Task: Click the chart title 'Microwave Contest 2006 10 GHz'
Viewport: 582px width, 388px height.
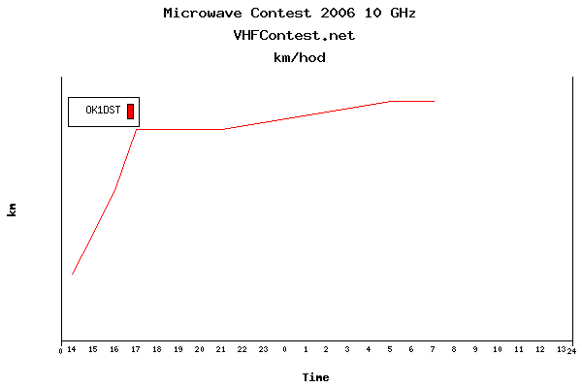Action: click(x=291, y=14)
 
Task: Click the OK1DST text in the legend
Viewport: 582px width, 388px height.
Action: click(x=103, y=112)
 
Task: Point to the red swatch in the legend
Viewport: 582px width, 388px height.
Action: click(x=130, y=111)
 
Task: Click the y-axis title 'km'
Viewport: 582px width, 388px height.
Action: click(x=13, y=210)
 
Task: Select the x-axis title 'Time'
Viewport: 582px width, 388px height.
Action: click(x=315, y=377)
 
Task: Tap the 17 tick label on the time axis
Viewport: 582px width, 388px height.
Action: click(x=136, y=350)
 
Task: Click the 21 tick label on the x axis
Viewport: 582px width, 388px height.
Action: click(x=220, y=350)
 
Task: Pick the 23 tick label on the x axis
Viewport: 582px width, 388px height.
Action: click(x=263, y=350)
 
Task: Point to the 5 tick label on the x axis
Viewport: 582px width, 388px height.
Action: click(x=390, y=350)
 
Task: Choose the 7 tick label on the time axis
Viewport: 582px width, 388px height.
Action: click(x=433, y=350)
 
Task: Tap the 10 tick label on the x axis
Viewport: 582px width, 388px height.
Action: click(x=497, y=350)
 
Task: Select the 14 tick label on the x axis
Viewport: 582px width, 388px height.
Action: click(x=72, y=350)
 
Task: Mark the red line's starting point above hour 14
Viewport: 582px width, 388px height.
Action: click(x=72, y=275)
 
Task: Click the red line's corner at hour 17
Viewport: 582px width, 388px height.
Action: click(x=137, y=129)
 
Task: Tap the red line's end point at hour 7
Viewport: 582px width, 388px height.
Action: click(x=434, y=101)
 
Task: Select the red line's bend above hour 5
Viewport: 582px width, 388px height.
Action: click(x=391, y=101)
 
